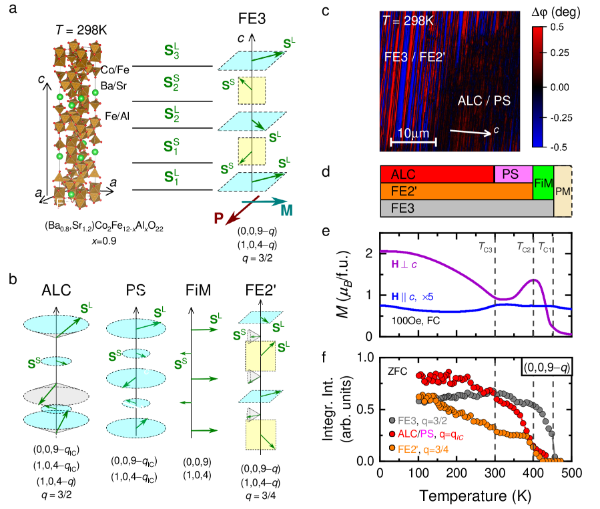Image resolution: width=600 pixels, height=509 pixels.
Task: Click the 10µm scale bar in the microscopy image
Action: (x=413, y=141)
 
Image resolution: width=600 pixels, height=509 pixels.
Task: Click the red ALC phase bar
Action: (x=437, y=174)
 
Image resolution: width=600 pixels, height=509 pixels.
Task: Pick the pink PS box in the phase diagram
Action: (x=513, y=174)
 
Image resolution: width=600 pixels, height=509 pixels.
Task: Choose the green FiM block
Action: (x=543, y=183)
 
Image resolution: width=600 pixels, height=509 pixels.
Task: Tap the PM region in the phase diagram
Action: (x=563, y=191)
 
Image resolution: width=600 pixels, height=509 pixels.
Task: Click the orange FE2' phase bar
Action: (x=457, y=191)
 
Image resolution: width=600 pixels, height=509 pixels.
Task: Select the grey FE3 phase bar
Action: (x=467, y=207)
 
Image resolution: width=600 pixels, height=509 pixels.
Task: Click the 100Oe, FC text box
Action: (x=414, y=320)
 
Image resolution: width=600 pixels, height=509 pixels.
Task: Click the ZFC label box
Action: (x=396, y=371)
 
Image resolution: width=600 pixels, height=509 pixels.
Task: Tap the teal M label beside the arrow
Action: (x=286, y=211)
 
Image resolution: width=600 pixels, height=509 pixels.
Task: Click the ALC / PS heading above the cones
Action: (x=129, y=292)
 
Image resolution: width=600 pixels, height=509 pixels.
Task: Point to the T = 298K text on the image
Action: (x=409, y=21)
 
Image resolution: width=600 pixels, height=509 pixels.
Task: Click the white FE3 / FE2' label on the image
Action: (x=415, y=57)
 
